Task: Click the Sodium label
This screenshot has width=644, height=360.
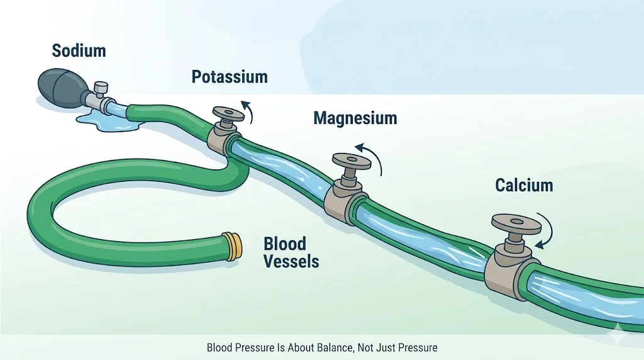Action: tap(79, 50)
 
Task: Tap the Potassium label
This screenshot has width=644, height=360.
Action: tap(230, 77)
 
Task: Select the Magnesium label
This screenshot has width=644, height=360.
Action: tap(355, 118)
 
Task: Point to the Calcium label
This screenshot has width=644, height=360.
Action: tap(524, 185)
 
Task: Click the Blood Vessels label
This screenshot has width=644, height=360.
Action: tap(291, 252)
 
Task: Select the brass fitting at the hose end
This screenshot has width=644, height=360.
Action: tap(232, 245)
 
